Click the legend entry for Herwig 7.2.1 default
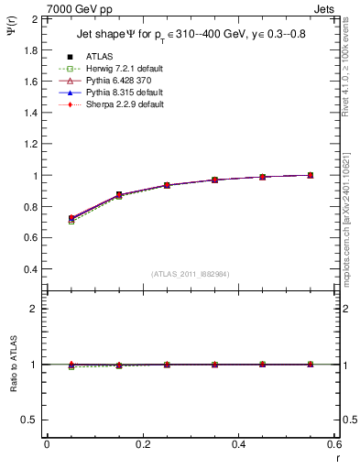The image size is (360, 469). pos(115,69)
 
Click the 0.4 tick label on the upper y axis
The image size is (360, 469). pos(31,270)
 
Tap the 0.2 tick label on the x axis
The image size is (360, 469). pos(142,443)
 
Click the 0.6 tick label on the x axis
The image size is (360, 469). pos(334,443)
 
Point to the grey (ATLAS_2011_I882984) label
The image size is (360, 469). pos(191,274)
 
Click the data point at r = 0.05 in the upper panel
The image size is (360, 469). pos(71,218)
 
